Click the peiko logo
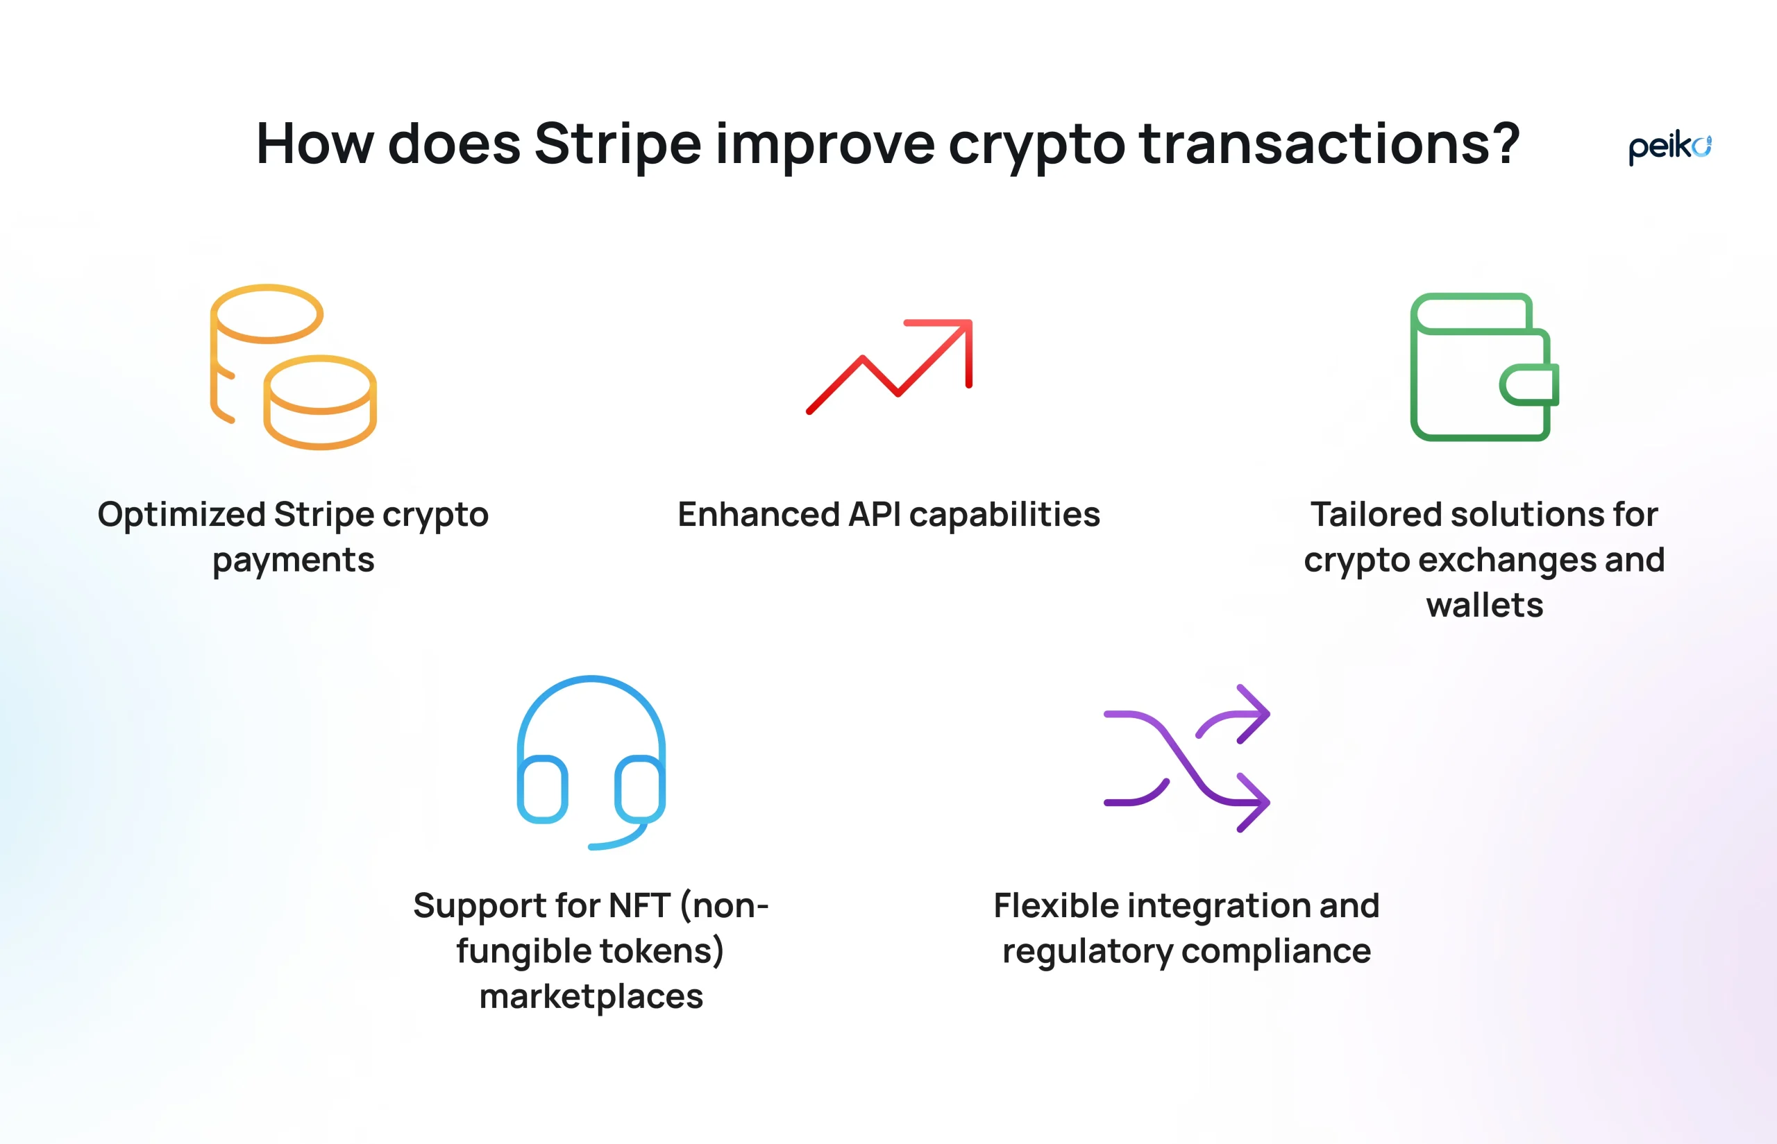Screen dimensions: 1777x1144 1669,148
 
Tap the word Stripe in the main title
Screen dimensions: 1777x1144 618,144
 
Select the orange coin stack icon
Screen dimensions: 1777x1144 294,366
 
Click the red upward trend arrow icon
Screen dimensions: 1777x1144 889,366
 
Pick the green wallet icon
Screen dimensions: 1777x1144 1484,367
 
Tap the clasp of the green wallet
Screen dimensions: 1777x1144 1529,385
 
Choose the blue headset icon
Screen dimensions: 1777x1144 591,762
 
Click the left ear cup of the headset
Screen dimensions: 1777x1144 543,789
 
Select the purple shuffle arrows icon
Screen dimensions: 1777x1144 1187,758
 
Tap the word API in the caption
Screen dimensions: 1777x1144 875,514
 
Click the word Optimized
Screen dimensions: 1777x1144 181,515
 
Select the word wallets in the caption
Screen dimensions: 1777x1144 1484,605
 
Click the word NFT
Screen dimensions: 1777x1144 639,905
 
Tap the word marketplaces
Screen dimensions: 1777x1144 591,997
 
